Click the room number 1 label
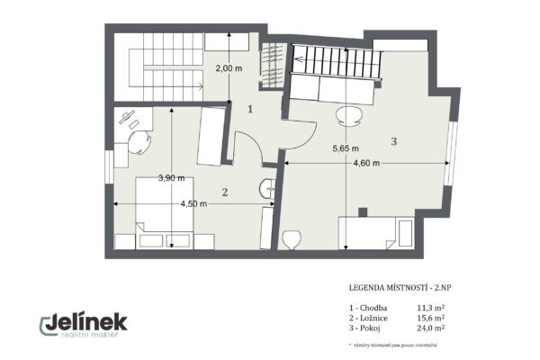click(252, 109)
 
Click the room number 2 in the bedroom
click(225, 192)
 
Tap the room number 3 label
click(393, 141)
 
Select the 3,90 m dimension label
click(170, 178)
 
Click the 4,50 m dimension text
click(194, 204)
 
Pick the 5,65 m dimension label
click(346, 148)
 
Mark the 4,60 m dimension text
click(366, 164)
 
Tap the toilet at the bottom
click(291, 240)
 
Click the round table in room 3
click(349, 115)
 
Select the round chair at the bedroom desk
click(139, 144)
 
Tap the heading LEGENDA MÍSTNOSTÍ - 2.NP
click(401, 288)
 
